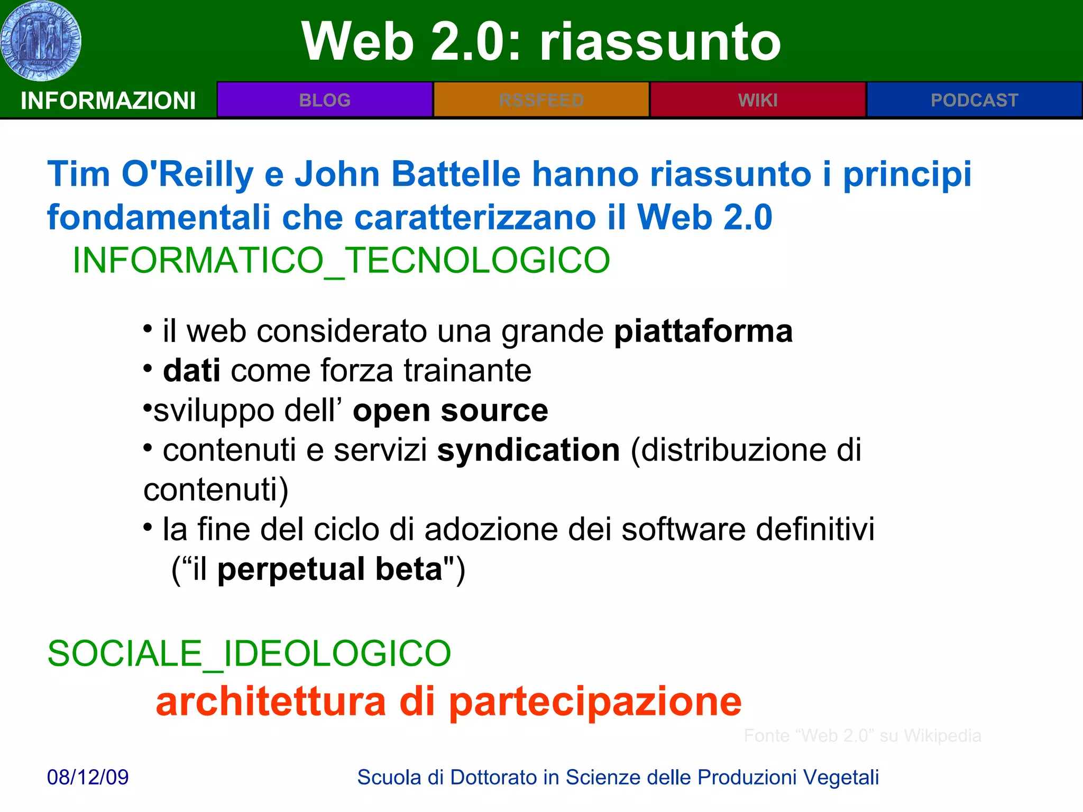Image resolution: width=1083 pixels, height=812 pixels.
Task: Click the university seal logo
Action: pyautogui.click(x=41, y=41)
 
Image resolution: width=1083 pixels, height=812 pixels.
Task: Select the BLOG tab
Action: pyautogui.click(x=325, y=100)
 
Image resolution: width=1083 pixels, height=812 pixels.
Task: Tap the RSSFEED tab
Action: pyautogui.click(x=541, y=100)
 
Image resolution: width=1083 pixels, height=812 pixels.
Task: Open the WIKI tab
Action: pyautogui.click(x=758, y=100)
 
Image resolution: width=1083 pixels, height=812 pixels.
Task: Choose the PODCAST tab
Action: pyautogui.click(x=974, y=100)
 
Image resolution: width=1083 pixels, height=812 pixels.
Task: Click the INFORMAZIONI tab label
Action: pyautogui.click(x=108, y=100)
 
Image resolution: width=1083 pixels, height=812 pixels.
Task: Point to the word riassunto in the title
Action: pyautogui.click(x=659, y=42)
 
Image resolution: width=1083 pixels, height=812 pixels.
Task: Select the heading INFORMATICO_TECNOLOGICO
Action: pyautogui.click(x=341, y=261)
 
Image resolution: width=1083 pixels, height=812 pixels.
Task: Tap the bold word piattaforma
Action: pyautogui.click(x=703, y=331)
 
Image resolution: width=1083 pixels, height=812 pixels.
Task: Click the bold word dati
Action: pyautogui.click(x=191, y=371)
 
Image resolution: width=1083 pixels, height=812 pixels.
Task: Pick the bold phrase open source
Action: pyautogui.click(x=450, y=411)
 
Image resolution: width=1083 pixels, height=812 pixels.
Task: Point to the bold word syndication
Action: pyautogui.click(x=528, y=450)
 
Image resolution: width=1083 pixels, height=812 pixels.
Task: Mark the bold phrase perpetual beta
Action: pyautogui.click(x=330, y=569)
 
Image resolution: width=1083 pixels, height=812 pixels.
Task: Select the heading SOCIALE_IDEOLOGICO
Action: pyautogui.click(x=249, y=653)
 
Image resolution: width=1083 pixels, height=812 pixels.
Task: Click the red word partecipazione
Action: pyautogui.click(x=595, y=702)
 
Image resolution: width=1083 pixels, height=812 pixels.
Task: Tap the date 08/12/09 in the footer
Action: pyautogui.click(x=88, y=777)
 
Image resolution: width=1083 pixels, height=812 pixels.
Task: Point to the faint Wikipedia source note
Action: pyautogui.click(x=862, y=735)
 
